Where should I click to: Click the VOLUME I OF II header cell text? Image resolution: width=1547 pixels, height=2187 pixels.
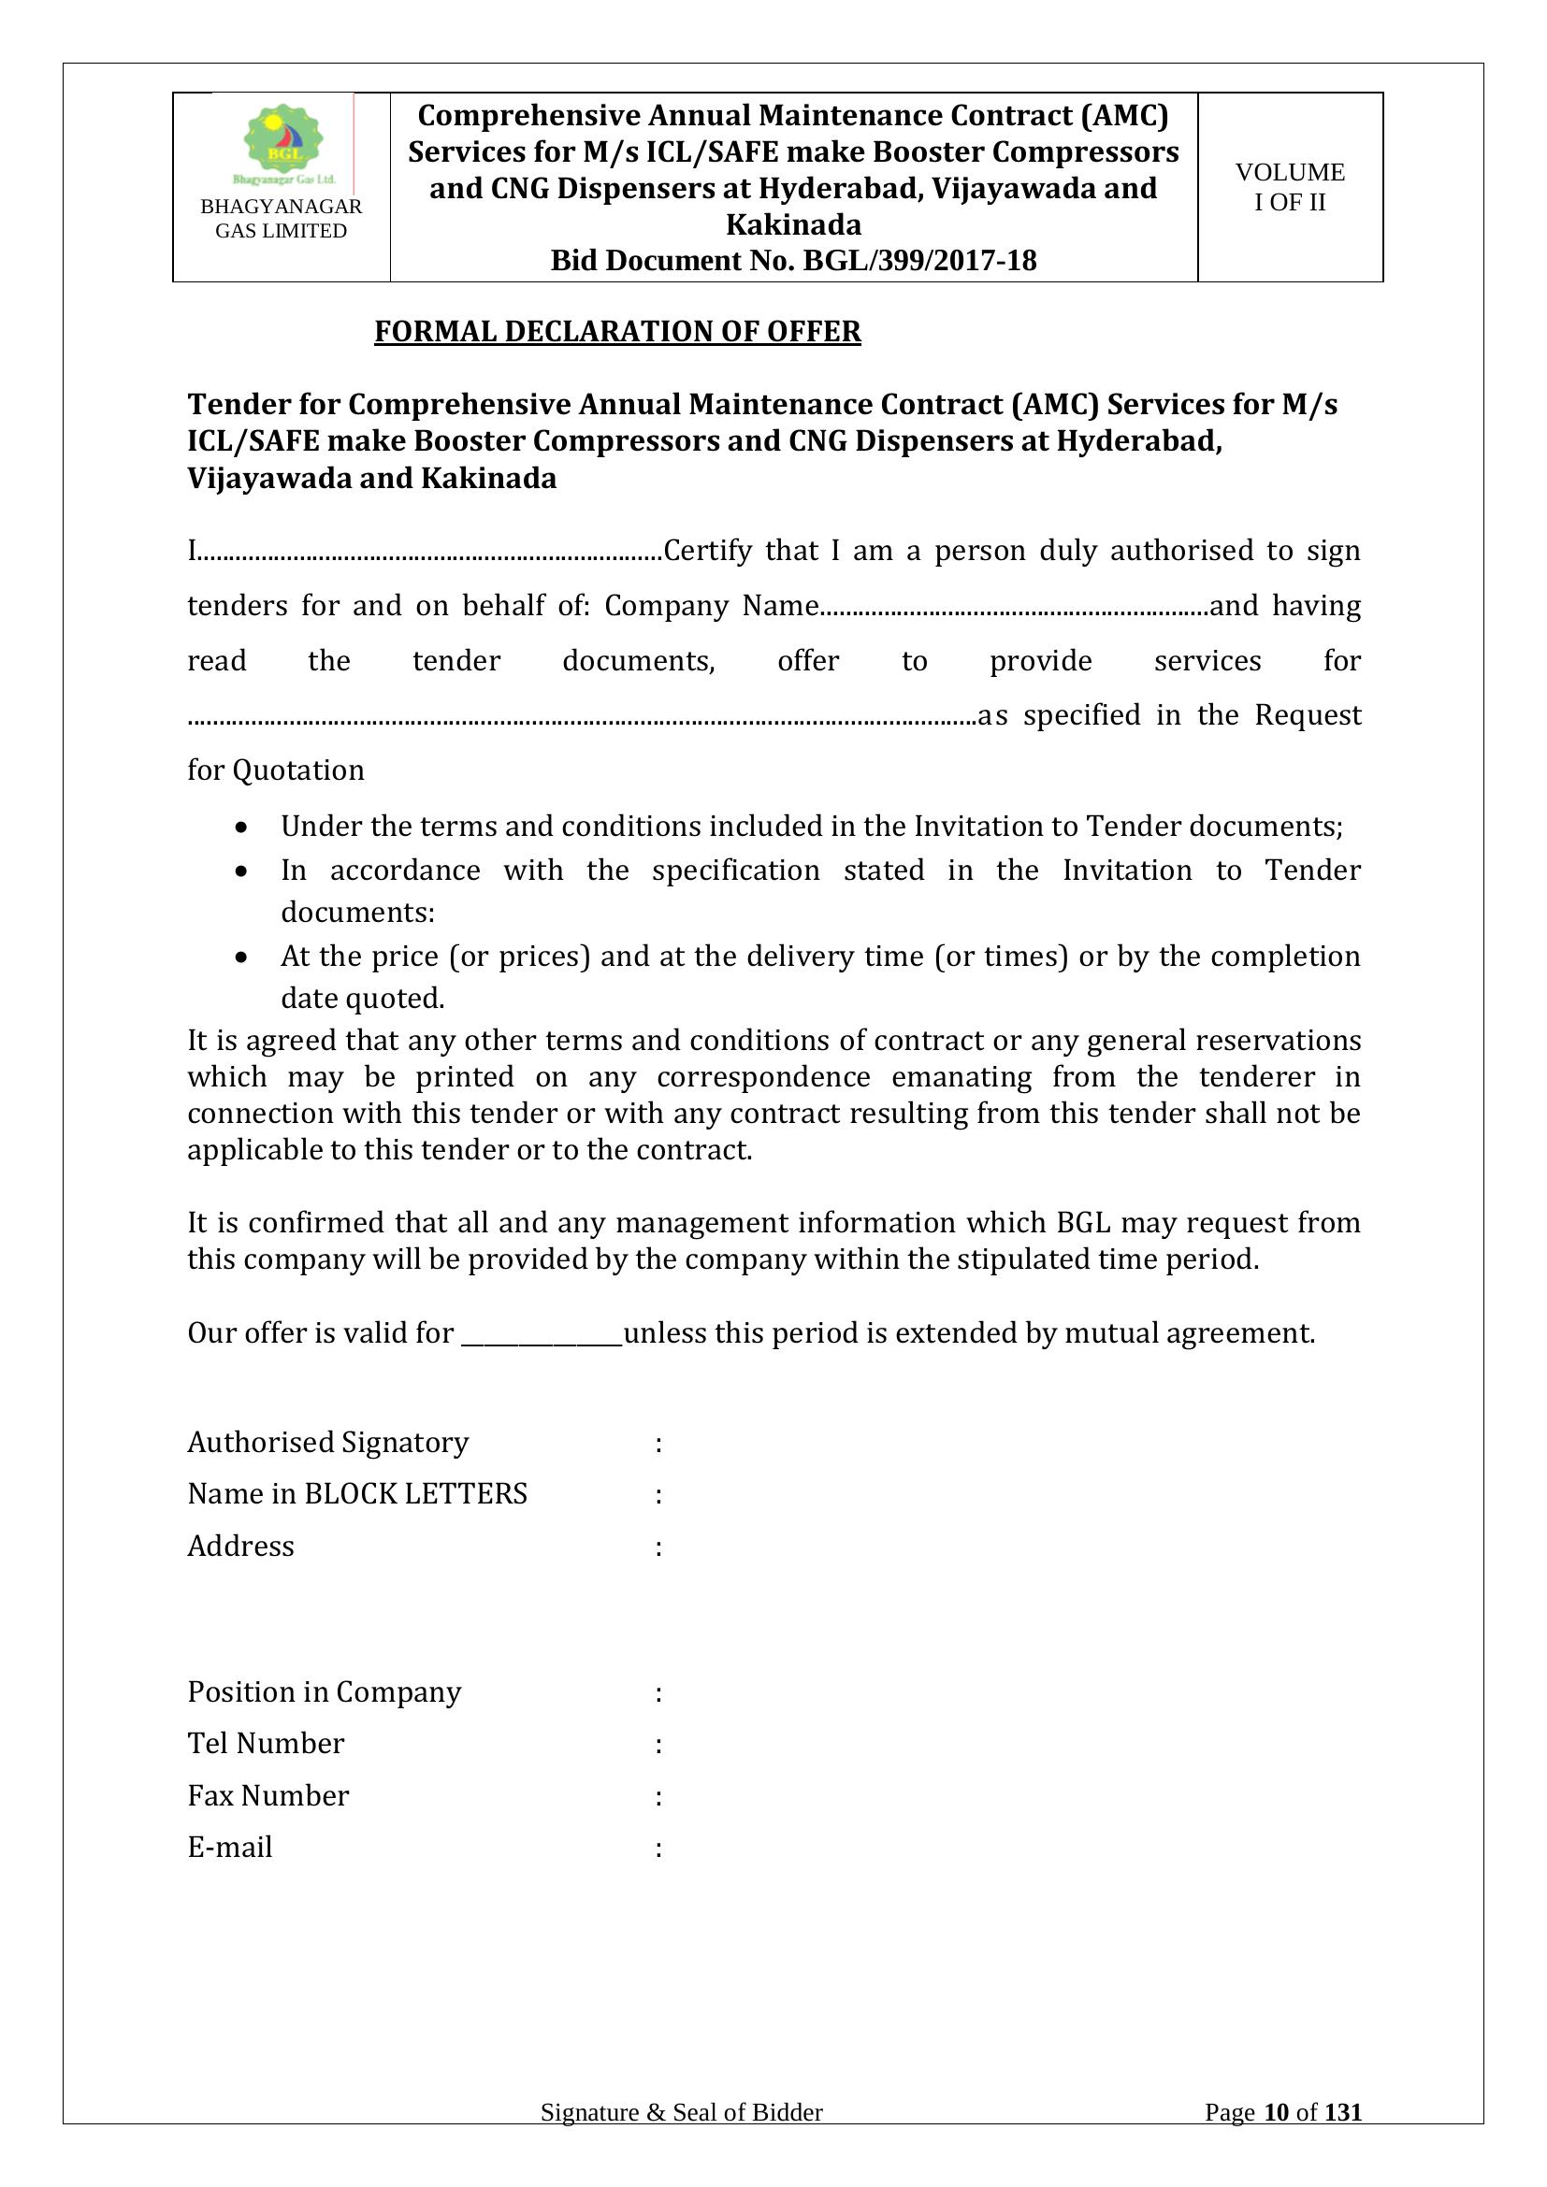coord(1290,187)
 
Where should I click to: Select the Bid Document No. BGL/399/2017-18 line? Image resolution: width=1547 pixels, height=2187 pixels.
coord(793,261)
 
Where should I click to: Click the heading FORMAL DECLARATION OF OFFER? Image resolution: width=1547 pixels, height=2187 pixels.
coord(617,332)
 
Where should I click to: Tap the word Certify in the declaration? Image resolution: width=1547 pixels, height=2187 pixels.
coord(707,551)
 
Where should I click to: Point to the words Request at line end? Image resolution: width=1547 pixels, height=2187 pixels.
coord(1307,714)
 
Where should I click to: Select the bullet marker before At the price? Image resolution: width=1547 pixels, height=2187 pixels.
coord(244,956)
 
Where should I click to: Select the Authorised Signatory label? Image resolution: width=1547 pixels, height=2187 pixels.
coord(327,1442)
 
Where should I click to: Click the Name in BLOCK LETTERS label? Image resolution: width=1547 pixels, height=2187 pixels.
coord(357,1493)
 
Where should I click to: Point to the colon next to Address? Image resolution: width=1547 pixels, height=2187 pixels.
coord(658,1547)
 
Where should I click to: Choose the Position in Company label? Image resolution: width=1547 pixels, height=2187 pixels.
coord(324,1691)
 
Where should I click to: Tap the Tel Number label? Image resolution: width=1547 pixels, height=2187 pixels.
coord(266,1743)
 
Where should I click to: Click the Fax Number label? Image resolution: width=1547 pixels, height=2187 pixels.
coord(267,1795)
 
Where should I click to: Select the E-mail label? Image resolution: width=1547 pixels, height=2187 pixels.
coord(229,1847)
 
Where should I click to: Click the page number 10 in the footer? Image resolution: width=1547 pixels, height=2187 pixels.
coord(1276,2139)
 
